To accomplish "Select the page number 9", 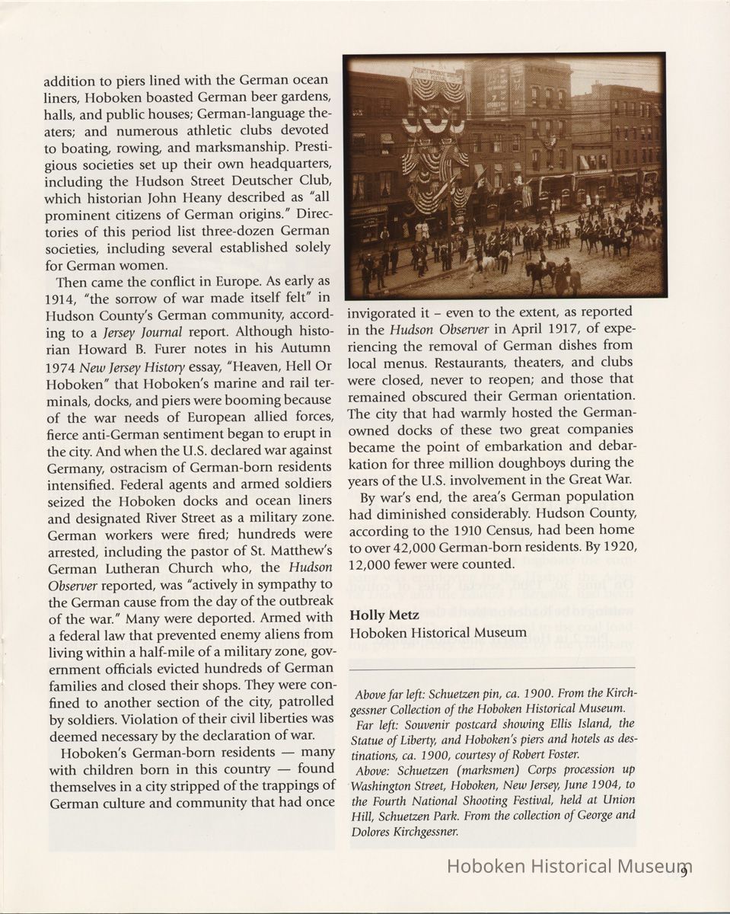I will point(685,871).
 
